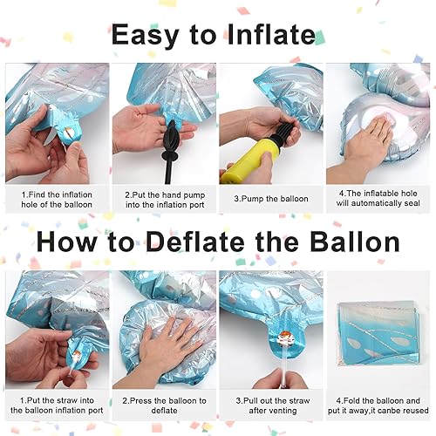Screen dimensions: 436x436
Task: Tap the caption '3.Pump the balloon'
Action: pyautogui.click(x=270, y=199)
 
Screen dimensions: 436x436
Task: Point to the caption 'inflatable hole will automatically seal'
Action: pyautogui.click(x=379, y=200)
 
